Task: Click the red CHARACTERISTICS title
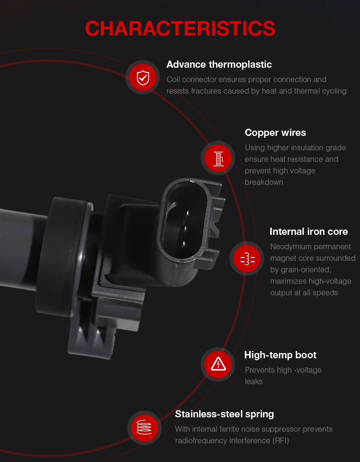tap(180, 29)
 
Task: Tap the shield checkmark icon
tap(143, 77)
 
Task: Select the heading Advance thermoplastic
tap(219, 64)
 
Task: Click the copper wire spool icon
tap(218, 158)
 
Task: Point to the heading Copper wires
tap(275, 133)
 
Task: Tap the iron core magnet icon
tap(248, 258)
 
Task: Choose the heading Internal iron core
tap(309, 231)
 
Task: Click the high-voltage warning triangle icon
tap(218, 364)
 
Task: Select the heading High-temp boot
tap(280, 355)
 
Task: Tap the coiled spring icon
tap(144, 427)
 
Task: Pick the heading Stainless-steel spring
tap(224, 414)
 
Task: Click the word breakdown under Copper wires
tap(264, 182)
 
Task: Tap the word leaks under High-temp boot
tap(253, 382)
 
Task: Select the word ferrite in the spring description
tap(226, 429)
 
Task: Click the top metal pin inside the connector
tap(187, 212)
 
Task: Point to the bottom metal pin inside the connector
tap(183, 243)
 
